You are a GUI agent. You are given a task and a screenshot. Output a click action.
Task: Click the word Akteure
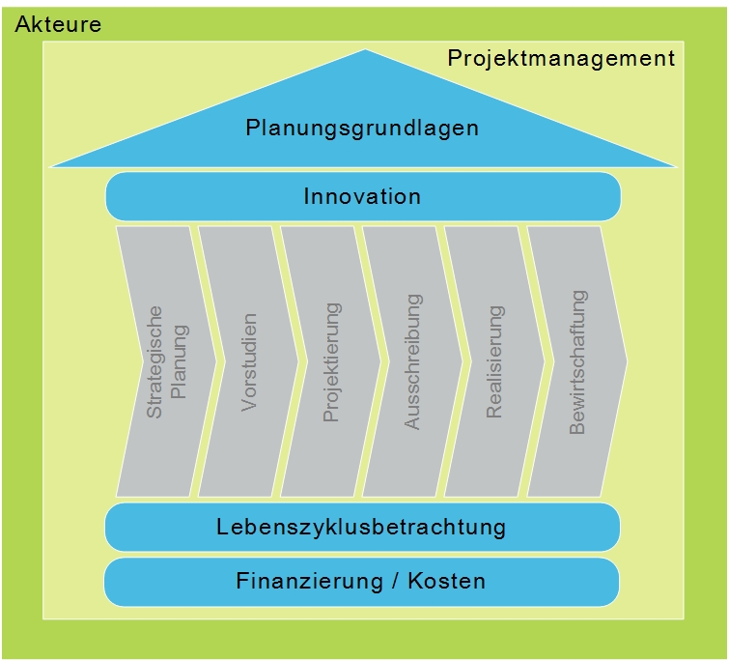pyautogui.click(x=59, y=25)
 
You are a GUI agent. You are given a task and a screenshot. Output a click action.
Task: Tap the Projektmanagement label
pyautogui.click(x=561, y=59)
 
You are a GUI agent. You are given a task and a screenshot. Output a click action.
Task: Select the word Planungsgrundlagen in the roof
pyautogui.click(x=362, y=128)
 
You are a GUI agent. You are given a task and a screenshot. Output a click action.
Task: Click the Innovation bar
pyautogui.click(x=362, y=196)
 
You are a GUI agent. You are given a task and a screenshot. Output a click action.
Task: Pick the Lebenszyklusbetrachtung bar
pyautogui.click(x=362, y=527)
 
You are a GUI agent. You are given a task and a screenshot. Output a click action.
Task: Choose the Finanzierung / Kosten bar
pyautogui.click(x=361, y=582)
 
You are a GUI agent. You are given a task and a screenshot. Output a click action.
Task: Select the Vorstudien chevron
pyautogui.click(x=249, y=361)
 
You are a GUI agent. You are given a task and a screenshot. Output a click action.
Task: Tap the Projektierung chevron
pyautogui.click(x=331, y=361)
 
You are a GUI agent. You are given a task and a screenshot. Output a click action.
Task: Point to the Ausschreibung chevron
pyautogui.click(x=412, y=361)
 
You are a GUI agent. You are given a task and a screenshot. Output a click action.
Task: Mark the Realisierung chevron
pyautogui.click(x=494, y=361)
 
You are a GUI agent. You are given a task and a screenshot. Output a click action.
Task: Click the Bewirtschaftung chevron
pyautogui.click(x=577, y=361)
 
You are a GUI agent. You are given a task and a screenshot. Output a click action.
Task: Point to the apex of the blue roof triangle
pyautogui.click(x=365, y=50)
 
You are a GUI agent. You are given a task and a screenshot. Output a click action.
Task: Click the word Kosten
pyautogui.click(x=447, y=582)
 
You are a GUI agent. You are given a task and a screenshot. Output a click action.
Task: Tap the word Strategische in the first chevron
pyautogui.click(x=155, y=361)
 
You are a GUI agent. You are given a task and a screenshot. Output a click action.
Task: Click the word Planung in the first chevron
pyautogui.click(x=180, y=361)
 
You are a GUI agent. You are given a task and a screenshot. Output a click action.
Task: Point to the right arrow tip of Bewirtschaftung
pyautogui.click(x=626, y=361)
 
